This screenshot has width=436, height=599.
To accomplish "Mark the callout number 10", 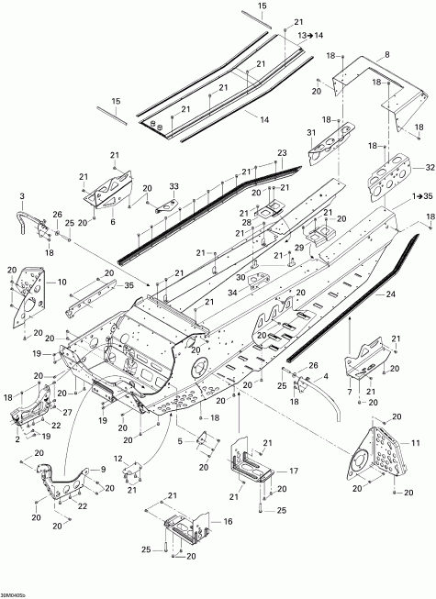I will [x=62, y=283].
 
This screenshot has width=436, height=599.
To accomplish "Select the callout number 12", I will [x=117, y=458].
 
